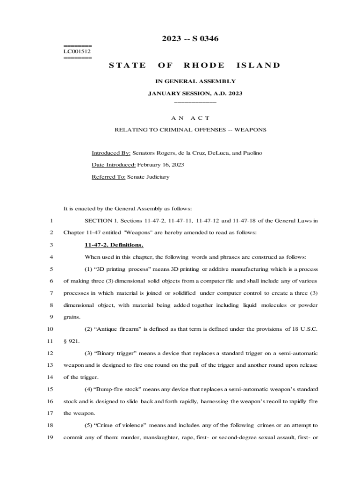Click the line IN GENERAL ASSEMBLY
(x=195, y=81)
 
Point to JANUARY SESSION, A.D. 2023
(x=195, y=94)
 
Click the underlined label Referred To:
(x=108, y=177)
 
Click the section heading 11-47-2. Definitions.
(x=114, y=245)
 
